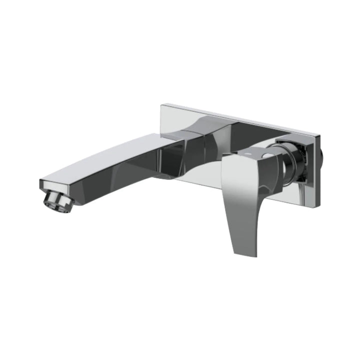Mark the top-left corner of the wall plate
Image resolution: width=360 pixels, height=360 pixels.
tap(162, 105)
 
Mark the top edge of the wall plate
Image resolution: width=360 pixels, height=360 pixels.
tap(240, 119)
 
